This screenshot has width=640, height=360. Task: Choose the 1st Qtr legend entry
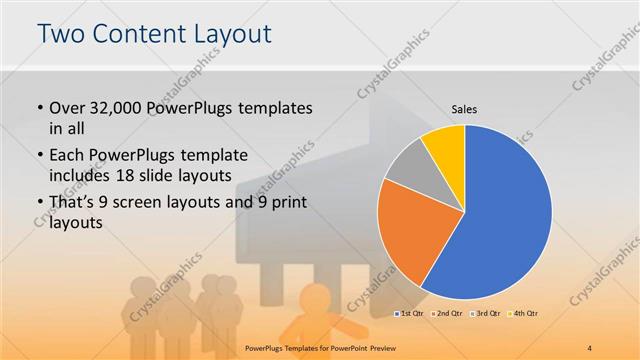click(411, 313)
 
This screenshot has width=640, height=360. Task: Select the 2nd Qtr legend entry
click(447, 313)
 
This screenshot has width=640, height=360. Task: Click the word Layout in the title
click(231, 35)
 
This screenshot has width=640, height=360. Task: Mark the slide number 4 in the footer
click(590, 346)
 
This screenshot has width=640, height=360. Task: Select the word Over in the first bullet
click(68, 107)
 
